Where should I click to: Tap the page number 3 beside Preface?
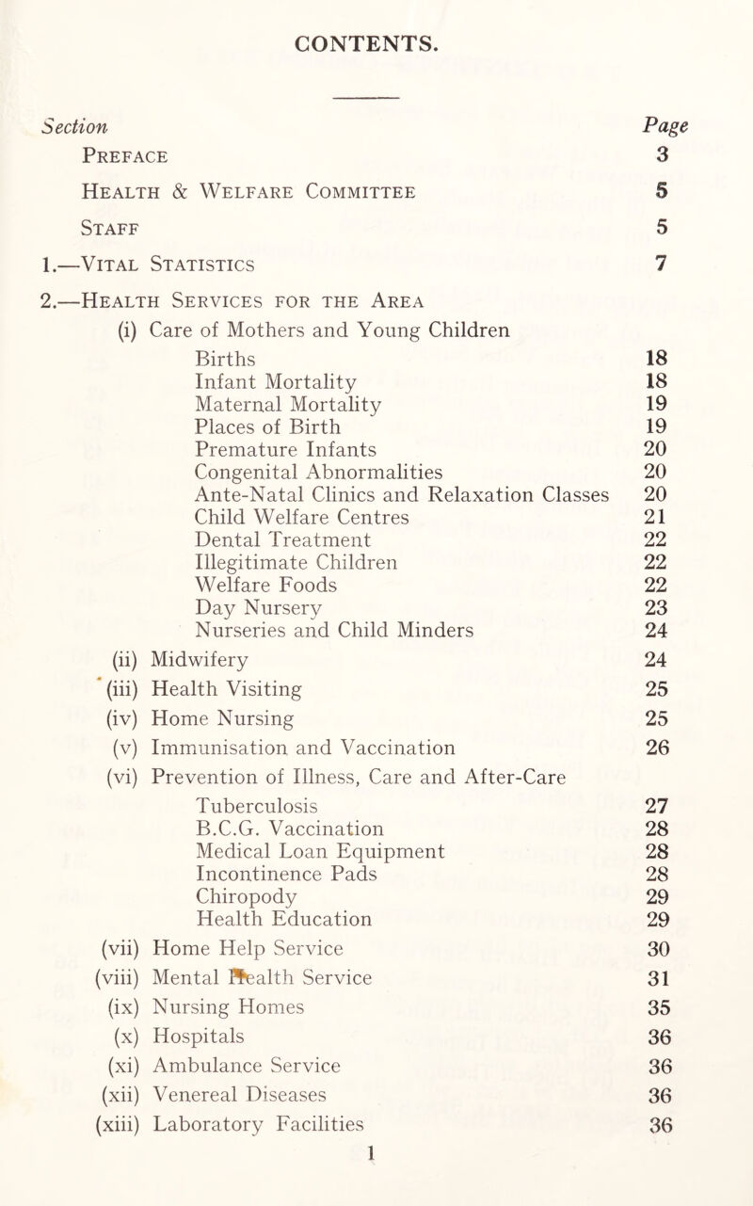pos(663,155)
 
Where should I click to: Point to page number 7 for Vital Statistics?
pos(663,263)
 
